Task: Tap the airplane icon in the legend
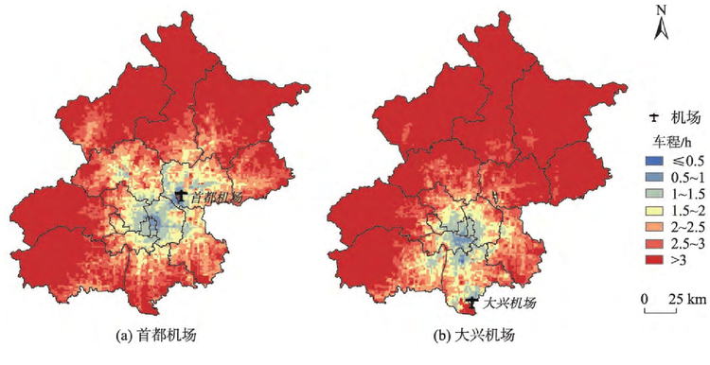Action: [652, 117]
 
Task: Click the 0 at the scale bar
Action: [646, 299]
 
